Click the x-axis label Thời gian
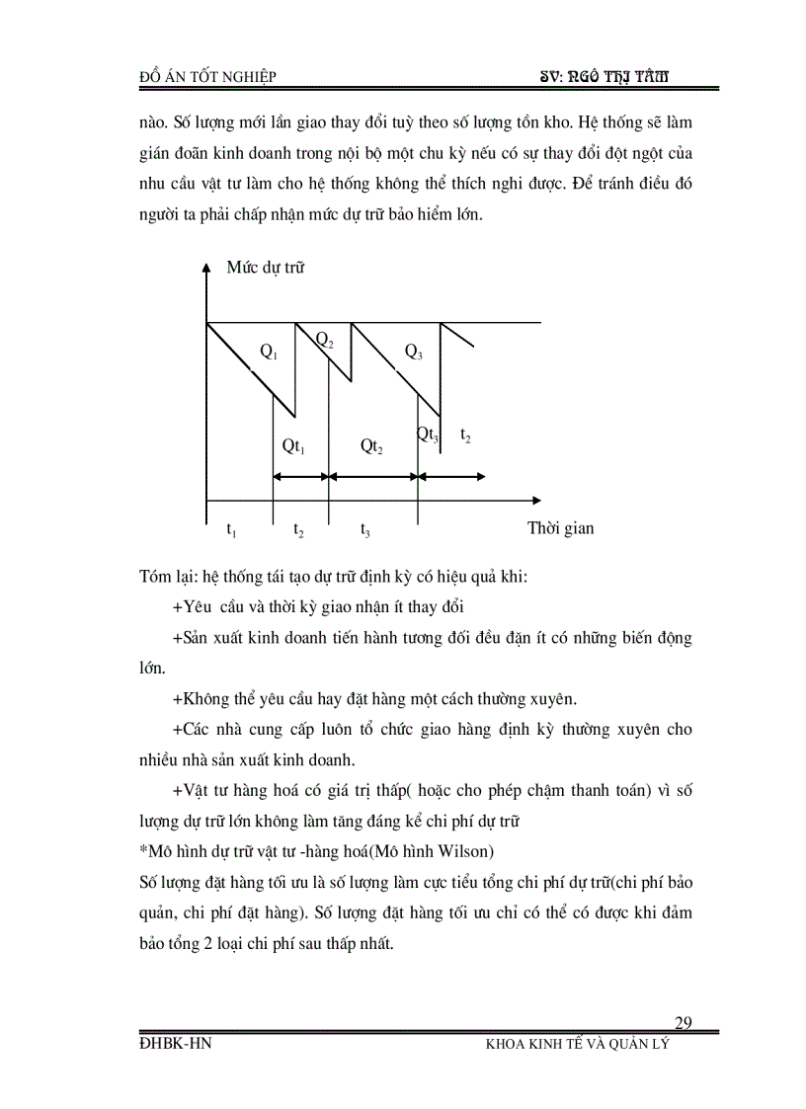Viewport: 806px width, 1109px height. pos(561,528)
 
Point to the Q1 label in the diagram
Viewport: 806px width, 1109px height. pos(269,351)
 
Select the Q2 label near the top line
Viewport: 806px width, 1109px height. pos(324,340)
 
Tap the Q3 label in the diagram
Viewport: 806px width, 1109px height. pos(413,351)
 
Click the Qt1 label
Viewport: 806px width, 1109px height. pos(293,446)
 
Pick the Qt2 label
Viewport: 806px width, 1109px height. pos(371,446)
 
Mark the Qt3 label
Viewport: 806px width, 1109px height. pos(428,435)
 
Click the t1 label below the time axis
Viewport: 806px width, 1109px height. pos(231,530)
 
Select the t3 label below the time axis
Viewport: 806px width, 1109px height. pos(365,530)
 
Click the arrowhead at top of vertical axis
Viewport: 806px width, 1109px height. pos(205,268)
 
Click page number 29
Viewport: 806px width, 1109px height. pos(684,1022)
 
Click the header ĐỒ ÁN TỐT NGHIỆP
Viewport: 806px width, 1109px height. pos(208,78)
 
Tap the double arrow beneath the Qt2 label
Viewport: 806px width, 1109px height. pos(372,476)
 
